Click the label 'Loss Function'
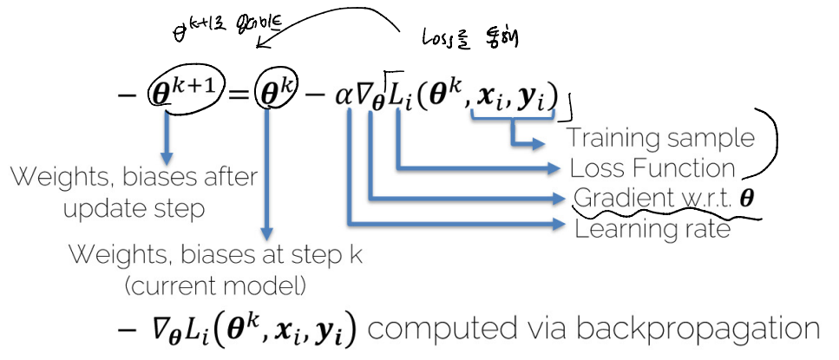[652, 167]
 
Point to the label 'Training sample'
[660, 137]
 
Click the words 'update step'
[134, 208]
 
